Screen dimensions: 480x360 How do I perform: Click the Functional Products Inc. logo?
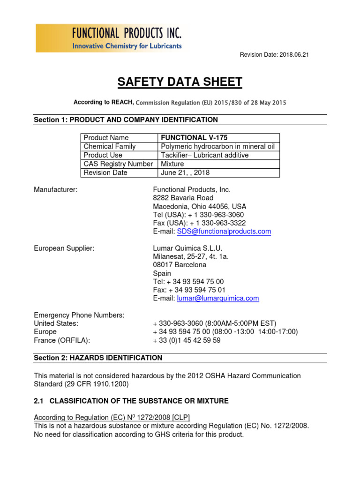(109, 38)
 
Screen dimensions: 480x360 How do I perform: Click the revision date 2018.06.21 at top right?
(274, 55)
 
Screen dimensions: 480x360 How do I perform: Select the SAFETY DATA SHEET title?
(180, 82)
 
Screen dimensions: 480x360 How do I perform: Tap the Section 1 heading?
(126, 120)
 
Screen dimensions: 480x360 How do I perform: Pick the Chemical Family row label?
(109, 146)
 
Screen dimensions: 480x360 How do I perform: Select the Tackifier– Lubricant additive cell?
(204, 155)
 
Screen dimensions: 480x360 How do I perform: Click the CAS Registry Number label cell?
(118, 164)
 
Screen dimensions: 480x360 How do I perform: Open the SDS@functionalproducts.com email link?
(224, 232)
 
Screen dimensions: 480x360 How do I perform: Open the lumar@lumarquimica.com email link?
(217, 298)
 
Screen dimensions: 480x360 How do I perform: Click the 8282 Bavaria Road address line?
(183, 198)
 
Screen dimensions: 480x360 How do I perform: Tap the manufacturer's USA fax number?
(199, 223)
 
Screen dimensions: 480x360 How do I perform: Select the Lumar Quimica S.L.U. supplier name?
(187, 248)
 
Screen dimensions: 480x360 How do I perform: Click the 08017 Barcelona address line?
(180, 265)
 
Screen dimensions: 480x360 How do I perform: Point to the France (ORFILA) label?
(62, 340)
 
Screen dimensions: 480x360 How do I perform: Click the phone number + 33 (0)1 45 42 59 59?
(187, 340)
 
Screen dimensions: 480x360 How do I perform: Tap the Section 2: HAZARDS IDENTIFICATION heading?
(98, 358)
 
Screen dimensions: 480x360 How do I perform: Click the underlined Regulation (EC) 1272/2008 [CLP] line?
(112, 417)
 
